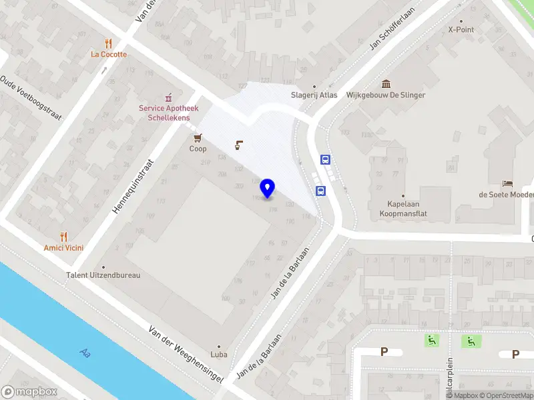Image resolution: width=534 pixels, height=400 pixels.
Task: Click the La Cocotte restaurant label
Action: pos(109,54)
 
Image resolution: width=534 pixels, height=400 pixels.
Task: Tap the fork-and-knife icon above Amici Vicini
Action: pos(64,236)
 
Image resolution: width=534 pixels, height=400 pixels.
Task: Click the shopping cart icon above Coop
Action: pos(198,138)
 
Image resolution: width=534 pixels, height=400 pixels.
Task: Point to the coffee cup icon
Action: pos(239,144)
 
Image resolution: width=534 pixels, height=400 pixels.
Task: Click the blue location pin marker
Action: pos(268,188)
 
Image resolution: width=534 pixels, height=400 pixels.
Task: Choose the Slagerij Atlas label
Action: pos(314,95)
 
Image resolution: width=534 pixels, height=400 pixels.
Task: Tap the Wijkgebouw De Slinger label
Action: pos(386,95)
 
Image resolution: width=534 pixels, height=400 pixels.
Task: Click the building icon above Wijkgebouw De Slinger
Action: pos(386,83)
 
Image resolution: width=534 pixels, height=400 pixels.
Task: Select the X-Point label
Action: pos(460,29)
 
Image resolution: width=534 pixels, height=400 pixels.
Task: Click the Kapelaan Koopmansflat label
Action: pos(407,209)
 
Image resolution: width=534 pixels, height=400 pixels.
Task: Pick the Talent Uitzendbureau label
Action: pos(103,275)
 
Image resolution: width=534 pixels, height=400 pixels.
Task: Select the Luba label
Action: pos(219,355)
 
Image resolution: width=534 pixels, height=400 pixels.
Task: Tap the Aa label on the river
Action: pos(84,352)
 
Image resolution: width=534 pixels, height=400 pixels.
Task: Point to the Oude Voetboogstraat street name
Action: pos(31,97)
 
